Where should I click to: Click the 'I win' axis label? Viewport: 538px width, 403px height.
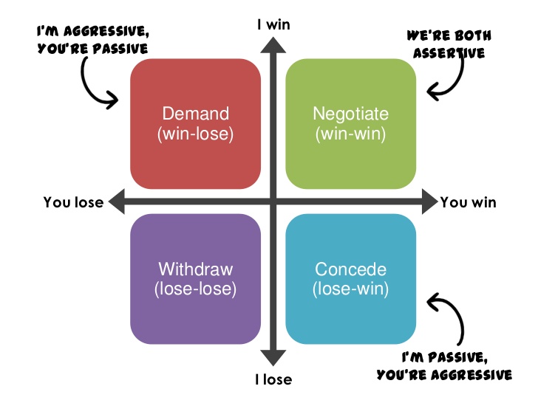(x=273, y=24)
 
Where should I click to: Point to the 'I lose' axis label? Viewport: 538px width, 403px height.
(x=273, y=380)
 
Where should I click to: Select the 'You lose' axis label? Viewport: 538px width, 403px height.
(x=73, y=202)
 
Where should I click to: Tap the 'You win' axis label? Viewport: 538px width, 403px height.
(x=469, y=202)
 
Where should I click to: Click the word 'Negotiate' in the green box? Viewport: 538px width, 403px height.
(x=350, y=114)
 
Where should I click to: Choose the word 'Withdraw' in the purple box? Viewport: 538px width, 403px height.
(x=195, y=269)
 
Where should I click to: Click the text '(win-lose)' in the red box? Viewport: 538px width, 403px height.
(x=195, y=135)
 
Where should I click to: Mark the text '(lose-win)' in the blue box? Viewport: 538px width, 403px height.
(x=350, y=289)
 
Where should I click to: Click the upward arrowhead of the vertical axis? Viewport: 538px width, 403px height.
(x=273, y=44)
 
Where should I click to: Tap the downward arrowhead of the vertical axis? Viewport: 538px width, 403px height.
(x=273, y=360)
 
